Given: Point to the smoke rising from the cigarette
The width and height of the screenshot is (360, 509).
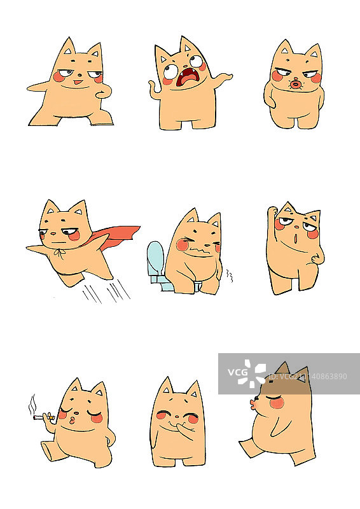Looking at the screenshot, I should (x=31, y=403).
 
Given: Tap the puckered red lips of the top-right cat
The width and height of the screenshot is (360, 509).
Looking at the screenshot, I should (x=295, y=84).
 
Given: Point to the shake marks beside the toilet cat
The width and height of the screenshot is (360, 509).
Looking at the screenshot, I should (x=229, y=277).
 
